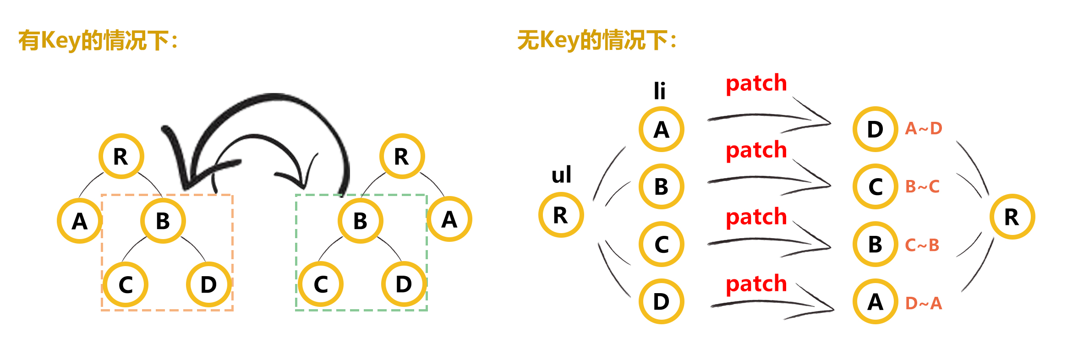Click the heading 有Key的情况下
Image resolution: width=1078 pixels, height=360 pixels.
[98, 40]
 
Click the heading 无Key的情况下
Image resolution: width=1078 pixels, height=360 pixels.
[597, 40]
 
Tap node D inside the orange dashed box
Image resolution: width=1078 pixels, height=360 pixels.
[208, 284]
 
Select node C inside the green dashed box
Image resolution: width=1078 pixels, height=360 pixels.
[321, 284]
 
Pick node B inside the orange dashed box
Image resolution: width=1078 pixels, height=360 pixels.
[163, 221]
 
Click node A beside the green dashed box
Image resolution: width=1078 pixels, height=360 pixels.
[449, 219]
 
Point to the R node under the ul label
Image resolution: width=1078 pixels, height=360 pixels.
[561, 215]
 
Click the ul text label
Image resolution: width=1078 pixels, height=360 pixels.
[561, 175]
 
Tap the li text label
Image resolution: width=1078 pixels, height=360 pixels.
[659, 90]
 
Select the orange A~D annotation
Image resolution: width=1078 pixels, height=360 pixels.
[924, 128]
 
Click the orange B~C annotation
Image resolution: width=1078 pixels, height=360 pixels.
[922, 186]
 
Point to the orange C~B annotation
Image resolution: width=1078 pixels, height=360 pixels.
[922, 245]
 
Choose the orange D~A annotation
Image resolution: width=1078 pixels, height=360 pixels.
[924, 303]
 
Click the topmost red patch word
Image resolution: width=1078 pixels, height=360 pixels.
[756, 83]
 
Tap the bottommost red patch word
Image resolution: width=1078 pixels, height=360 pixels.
[756, 284]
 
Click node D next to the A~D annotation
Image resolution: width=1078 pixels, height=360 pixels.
[875, 129]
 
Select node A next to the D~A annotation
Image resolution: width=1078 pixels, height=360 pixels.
[875, 302]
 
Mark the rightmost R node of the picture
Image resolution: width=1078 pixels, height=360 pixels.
[1012, 217]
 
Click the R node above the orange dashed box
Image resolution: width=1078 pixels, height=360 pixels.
[121, 156]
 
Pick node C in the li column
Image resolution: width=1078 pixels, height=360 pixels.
[662, 244]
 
